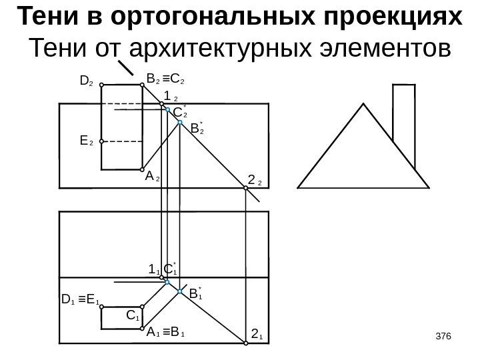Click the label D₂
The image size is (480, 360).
tap(85, 82)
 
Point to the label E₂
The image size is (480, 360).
tap(85, 141)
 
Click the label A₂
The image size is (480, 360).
tap(153, 177)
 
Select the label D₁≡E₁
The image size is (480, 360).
tap(79, 298)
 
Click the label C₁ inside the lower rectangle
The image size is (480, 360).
tap(133, 313)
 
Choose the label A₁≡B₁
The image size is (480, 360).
tap(166, 331)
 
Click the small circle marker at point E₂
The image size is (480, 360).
tap(101, 141)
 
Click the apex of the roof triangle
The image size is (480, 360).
tap(364, 104)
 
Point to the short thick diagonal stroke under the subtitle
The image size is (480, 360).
tap(127, 69)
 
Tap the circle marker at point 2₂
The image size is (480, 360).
tap(245, 189)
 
